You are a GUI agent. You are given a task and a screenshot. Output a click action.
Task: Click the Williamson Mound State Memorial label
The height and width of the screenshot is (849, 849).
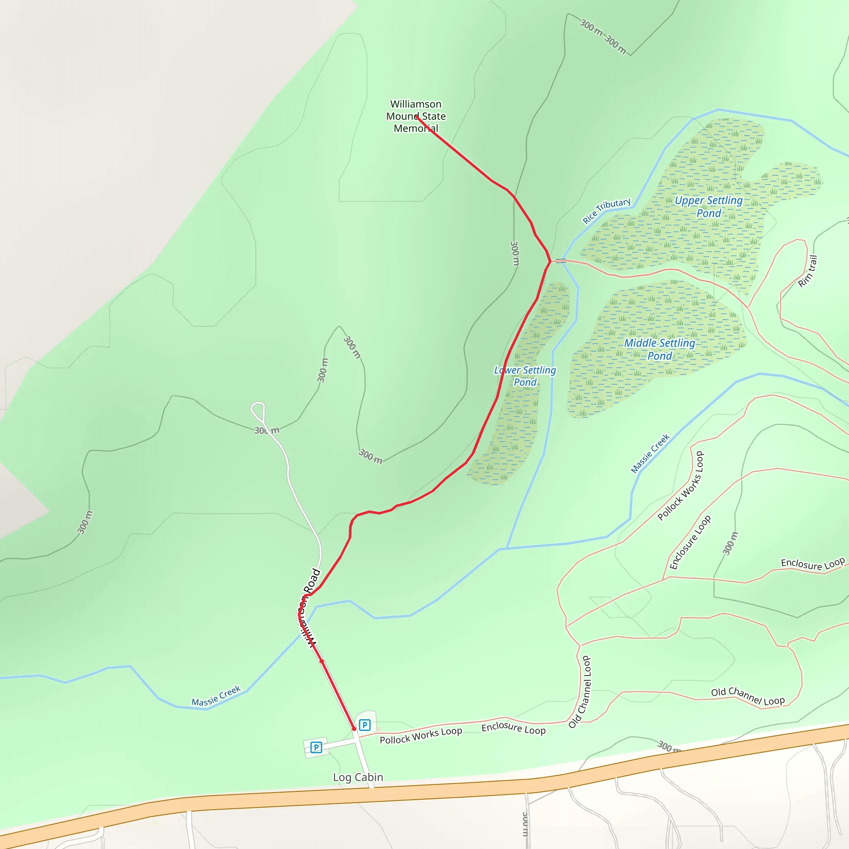pos(416,116)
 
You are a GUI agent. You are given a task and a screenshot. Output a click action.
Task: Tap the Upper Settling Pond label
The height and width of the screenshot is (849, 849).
pos(708,206)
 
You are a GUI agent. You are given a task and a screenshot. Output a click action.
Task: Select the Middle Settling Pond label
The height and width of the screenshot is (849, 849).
pos(660,349)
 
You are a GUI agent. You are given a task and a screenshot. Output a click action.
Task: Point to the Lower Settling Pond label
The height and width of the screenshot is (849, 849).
pos(525,376)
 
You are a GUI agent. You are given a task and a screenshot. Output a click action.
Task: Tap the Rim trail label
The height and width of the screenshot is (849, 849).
pos(808,272)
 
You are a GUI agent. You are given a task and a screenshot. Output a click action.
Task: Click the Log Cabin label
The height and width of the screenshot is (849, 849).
pos(358,777)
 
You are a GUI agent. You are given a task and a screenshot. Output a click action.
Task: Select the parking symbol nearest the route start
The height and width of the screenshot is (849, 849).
pos(364,725)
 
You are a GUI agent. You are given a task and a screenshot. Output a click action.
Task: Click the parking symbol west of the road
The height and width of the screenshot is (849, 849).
pos(316,747)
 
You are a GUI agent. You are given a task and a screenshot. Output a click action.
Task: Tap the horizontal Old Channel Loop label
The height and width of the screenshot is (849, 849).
pos(747,696)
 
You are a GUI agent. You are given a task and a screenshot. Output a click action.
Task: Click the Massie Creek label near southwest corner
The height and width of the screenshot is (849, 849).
pos(216,696)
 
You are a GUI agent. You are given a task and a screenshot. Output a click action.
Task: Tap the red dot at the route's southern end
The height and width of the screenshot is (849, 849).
pos(354,729)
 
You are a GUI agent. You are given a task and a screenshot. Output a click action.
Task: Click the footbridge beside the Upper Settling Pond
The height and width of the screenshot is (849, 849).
pos(560,261)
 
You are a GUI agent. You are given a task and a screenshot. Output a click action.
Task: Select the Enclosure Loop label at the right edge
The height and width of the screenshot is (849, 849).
pos(813,564)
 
